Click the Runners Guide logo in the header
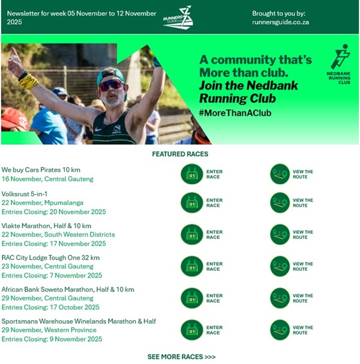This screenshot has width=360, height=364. tap(178, 17)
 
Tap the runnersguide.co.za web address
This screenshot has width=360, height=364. tap(280, 22)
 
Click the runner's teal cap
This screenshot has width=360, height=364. tap(111, 74)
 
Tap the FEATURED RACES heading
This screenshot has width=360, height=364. tap(180, 154)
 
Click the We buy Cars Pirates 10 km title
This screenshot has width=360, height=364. tap(41, 170)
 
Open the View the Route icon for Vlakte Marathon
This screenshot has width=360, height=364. tap(280, 235)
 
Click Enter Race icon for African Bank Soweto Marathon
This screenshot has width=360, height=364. tap(191, 298)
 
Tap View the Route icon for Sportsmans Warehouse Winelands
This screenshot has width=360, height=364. tap(280, 330)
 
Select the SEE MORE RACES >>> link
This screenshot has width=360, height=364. tap(181, 357)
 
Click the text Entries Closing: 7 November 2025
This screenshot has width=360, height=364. tap(52, 276)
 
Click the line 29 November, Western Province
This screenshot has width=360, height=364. tap(49, 330)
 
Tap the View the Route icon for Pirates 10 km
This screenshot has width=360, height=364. tap(280, 174)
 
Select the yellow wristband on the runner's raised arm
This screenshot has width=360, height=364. tap(28, 79)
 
